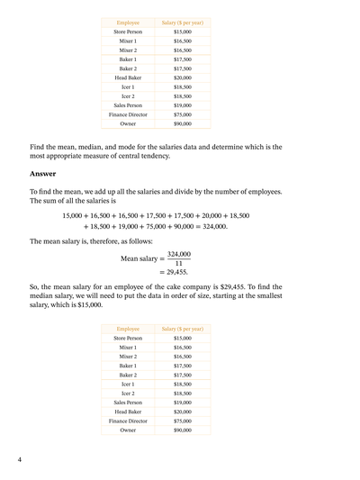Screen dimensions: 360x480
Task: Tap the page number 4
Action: (x=20, y=460)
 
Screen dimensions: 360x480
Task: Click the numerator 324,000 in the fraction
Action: (x=178, y=254)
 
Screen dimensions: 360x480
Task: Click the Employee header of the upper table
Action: (x=128, y=22)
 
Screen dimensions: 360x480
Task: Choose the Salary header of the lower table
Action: (x=183, y=330)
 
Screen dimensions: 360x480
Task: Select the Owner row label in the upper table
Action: (x=128, y=124)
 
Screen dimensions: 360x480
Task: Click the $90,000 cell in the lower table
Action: (x=183, y=430)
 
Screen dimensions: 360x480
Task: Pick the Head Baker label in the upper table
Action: (x=128, y=77)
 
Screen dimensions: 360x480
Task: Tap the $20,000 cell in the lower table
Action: (x=183, y=412)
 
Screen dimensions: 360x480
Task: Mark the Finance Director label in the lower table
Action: (x=128, y=421)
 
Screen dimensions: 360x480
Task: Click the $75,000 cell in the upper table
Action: (x=183, y=114)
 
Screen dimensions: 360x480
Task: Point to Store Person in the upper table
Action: (x=128, y=32)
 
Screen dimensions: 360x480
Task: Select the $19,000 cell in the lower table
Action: (x=183, y=403)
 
